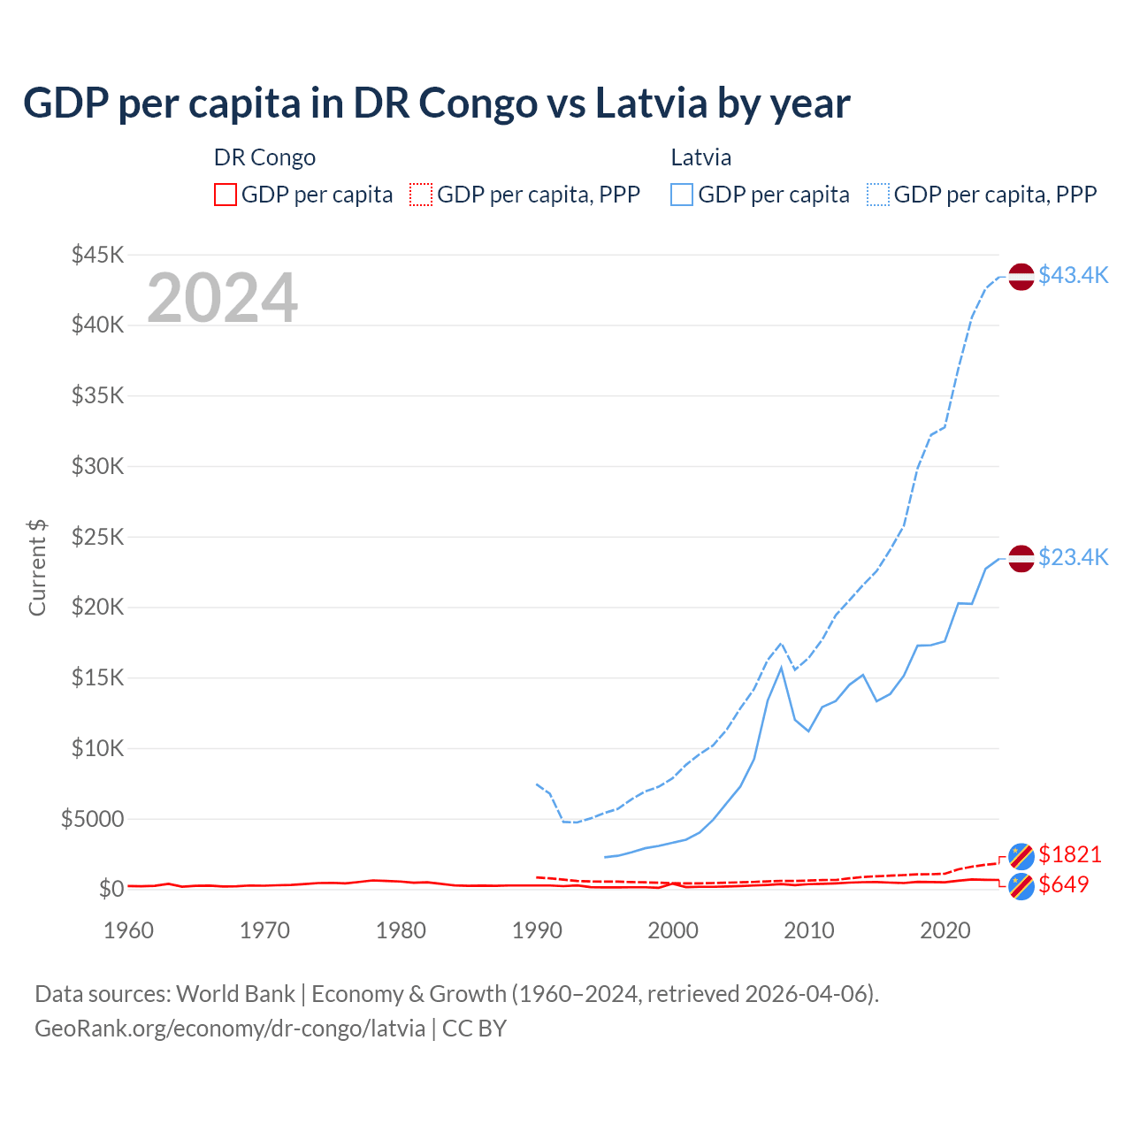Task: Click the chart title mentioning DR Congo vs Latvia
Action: pyautogui.click(x=436, y=103)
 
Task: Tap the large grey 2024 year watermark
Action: pyautogui.click(x=222, y=298)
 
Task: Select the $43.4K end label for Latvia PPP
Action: pyautogui.click(x=1073, y=275)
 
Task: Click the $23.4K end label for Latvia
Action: pyautogui.click(x=1073, y=557)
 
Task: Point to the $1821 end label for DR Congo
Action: pyautogui.click(x=1069, y=854)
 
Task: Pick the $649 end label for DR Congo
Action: pyautogui.click(x=1063, y=884)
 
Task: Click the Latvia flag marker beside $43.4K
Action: pyautogui.click(x=1021, y=276)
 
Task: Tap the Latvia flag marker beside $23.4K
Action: pyautogui.click(x=1021, y=558)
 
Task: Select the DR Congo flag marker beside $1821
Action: pyautogui.click(x=1021, y=856)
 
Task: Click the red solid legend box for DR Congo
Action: pyautogui.click(x=226, y=195)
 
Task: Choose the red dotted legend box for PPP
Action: pyautogui.click(x=421, y=195)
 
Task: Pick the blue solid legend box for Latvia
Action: pyautogui.click(x=682, y=195)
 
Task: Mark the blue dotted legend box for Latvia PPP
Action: pyautogui.click(x=878, y=195)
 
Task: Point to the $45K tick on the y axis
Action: pyautogui.click(x=98, y=255)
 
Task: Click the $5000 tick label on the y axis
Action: pyautogui.click(x=93, y=819)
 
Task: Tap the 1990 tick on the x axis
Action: pyautogui.click(x=537, y=930)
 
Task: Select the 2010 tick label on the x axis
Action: pyautogui.click(x=809, y=930)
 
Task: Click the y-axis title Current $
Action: pyautogui.click(x=37, y=568)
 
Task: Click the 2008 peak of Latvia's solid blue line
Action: pyautogui.click(x=781, y=668)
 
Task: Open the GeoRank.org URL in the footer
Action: pyautogui.click(x=230, y=1029)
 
